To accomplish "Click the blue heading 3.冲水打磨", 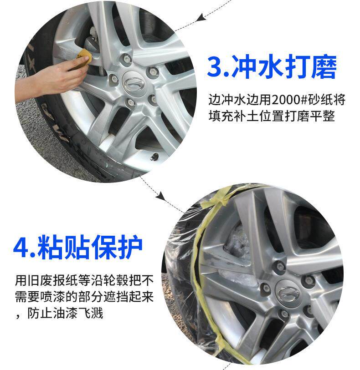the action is (272, 67).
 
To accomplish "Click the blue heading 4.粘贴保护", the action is (78, 247).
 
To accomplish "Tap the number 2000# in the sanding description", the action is (286, 100).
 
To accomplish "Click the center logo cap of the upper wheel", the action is (133, 83).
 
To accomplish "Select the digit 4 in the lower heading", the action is (21, 248).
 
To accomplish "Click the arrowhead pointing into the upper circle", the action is (200, 17).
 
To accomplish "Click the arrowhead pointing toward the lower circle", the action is (161, 196).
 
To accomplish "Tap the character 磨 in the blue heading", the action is (324, 67).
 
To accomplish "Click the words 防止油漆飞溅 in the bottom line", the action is (66, 314).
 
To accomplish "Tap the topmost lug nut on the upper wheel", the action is (127, 58).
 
